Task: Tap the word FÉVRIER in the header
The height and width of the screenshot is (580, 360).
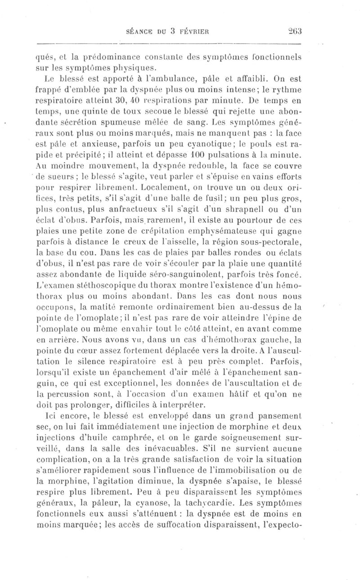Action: coord(196,32)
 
